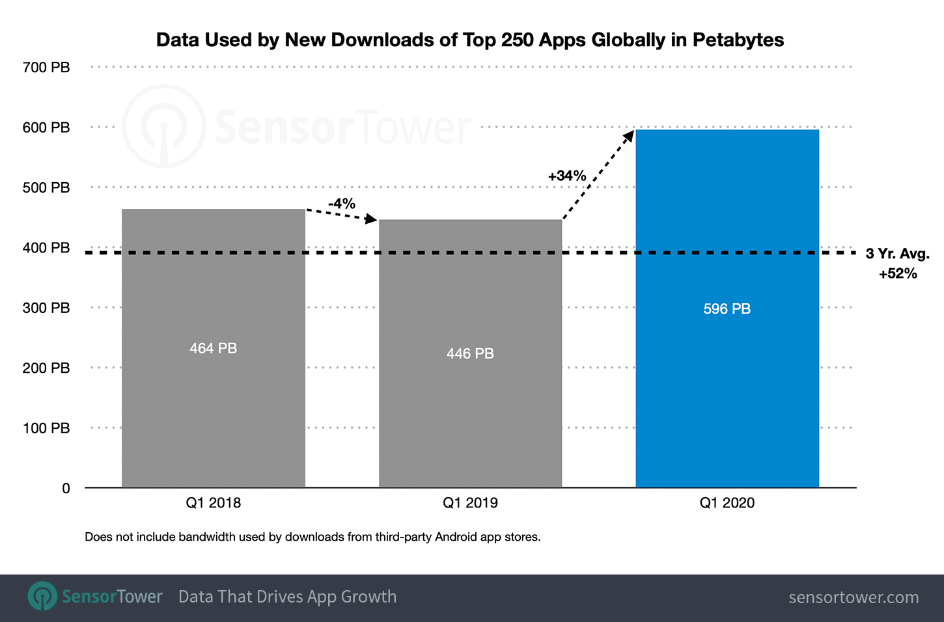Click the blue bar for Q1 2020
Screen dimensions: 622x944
pyautogui.click(x=727, y=390)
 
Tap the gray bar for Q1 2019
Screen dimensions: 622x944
pyautogui.click(x=470, y=416)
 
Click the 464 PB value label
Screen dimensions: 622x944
pyautogui.click(x=214, y=349)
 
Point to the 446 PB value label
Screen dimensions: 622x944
pyautogui.click(x=470, y=354)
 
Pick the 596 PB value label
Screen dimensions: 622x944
pyautogui.click(x=727, y=309)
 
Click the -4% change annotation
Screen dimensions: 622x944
pyautogui.click(x=342, y=204)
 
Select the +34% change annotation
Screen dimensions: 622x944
pyautogui.click(x=567, y=176)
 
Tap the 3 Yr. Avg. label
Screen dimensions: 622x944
pyautogui.click(x=897, y=254)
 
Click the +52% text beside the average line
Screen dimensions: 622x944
pyautogui.click(x=898, y=274)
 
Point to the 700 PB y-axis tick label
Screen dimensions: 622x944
pyautogui.click(x=46, y=68)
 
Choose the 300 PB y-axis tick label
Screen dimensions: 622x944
pyautogui.click(x=46, y=308)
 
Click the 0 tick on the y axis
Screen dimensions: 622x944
pyautogui.click(x=66, y=489)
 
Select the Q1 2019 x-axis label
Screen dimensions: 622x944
pyautogui.click(x=470, y=503)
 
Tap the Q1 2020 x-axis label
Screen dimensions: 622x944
pyautogui.click(x=727, y=503)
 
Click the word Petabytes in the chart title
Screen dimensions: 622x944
pyautogui.click(x=738, y=40)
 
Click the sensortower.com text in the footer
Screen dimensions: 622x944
pyautogui.click(x=854, y=597)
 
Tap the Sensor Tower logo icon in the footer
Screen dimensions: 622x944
pyautogui.click(x=43, y=597)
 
